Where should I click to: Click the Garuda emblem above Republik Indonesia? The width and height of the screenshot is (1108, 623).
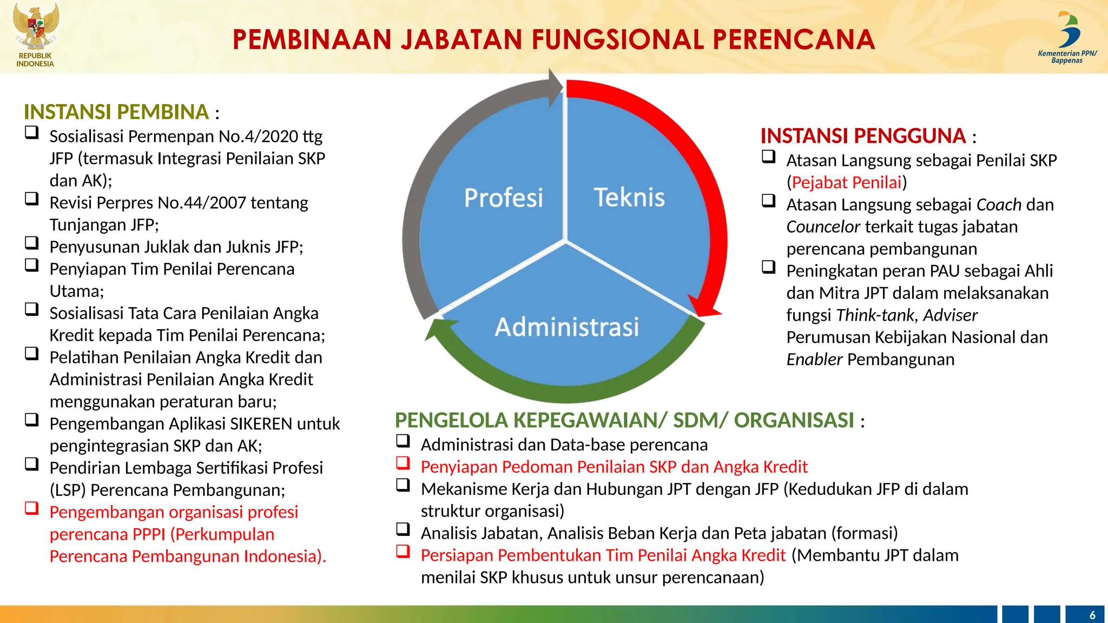click(x=36, y=26)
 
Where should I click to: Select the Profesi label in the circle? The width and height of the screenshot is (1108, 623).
click(x=503, y=198)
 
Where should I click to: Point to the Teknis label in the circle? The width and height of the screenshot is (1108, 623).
click(x=629, y=197)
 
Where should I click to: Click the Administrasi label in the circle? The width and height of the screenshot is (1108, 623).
click(x=566, y=327)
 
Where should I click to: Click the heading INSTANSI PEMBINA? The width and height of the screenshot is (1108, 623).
click(x=116, y=112)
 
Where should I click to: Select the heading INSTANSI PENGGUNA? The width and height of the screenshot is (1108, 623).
click(x=863, y=136)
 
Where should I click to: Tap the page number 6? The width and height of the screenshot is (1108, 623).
click(x=1092, y=615)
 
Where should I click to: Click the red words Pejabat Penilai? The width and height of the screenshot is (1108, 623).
click(x=847, y=182)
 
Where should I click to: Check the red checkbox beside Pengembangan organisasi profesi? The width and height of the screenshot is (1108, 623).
click(x=32, y=508)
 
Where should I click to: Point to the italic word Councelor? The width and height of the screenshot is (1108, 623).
click(x=823, y=227)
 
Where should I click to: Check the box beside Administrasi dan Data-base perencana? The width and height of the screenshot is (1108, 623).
click(x=403, y=441)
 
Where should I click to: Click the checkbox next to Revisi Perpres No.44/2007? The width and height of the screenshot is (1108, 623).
click(x=32, y=199)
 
